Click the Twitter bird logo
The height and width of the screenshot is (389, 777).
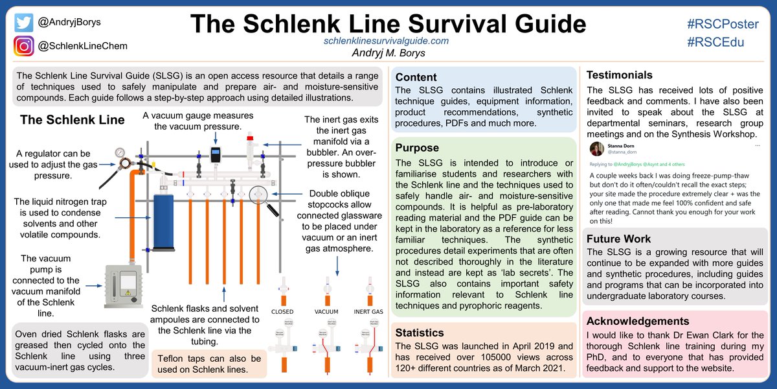click(x=24, y=23)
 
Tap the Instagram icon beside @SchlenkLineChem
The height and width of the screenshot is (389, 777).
click(x=24, y=46)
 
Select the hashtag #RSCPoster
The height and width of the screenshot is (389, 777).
click(x=722, y=24)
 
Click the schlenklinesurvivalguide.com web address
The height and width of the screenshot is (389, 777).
click(x=386, y=40)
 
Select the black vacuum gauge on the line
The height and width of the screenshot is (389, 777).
click(x=216, y=156)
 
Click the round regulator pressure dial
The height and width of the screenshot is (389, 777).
click(x=120, y=153)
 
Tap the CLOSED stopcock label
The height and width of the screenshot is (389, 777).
click(x=282, y=312)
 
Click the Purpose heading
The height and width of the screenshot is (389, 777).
click(x=418, y=148)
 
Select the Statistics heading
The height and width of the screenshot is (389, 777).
click(x=420, y=333)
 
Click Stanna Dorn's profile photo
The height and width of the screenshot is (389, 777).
click(x=596, y=150)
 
